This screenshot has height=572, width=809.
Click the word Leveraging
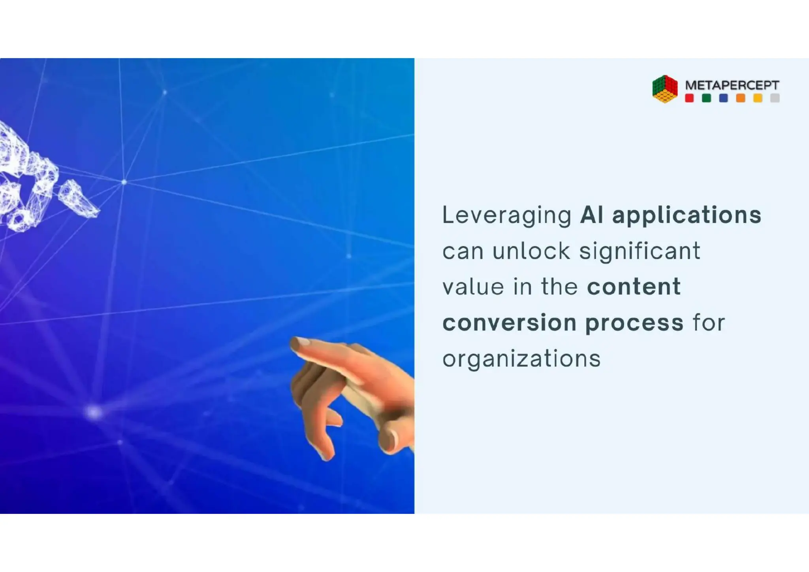tap(507, 216)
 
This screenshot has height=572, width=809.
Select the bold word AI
tap(592, 215)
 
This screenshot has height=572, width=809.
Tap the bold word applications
tap(687, 216)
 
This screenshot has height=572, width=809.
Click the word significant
tap(640, 252)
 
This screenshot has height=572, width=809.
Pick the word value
tap(473, 287)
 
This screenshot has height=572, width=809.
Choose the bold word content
tap(634, 287)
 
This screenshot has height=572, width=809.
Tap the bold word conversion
tap(509, 323)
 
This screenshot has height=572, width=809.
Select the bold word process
tap(634, 323)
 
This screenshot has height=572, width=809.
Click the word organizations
tap(521, 359)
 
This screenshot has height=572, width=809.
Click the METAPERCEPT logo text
tap(732, 85)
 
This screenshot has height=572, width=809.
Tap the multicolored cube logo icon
tap(665, 89)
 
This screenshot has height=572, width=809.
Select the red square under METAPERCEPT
tap(689, 98)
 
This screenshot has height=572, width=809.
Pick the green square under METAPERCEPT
tap(706, 98)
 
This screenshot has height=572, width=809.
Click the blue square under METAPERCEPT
tap(723, 98)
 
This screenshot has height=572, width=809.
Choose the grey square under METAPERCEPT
tap(775, 98)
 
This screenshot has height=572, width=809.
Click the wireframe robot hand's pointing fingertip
tap(95, 213)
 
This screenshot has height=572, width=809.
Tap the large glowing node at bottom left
tap(94, 412)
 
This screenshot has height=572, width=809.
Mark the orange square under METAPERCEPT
tap(741, 98)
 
